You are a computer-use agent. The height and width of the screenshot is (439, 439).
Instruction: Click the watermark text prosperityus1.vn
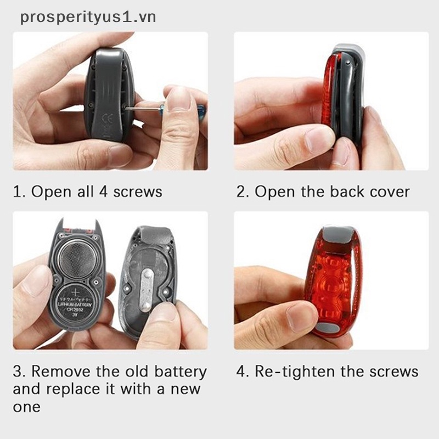pyautogui.click(x=88, y=17)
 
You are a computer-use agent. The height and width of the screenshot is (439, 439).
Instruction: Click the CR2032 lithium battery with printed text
pyautogui.click(x=77, y=305)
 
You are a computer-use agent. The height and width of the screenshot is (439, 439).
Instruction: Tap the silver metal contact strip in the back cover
pyautogui.click(x=145, y=290)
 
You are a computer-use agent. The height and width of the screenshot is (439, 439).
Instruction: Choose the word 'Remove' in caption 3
pyautogui.click(x=60, y=372)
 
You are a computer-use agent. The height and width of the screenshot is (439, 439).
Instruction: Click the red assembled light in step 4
pyautogui.click(x=332, y=280)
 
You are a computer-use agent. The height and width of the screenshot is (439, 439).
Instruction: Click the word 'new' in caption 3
pyautogui.click(x=184, y=389)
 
